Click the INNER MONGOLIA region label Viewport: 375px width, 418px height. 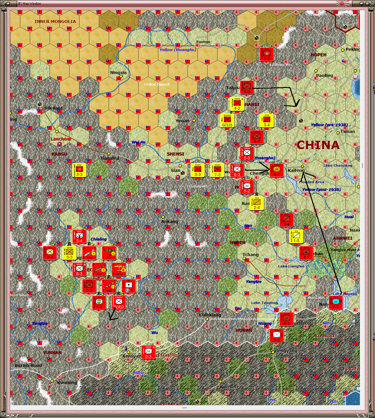[55, 21]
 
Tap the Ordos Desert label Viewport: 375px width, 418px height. [157, 84]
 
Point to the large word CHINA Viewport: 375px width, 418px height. [318, 145]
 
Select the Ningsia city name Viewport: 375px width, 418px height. [118, 73]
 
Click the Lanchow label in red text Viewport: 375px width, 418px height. [61, 139]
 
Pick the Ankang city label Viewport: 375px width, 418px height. [170, 221]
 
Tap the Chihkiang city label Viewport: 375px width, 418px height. [210, 315]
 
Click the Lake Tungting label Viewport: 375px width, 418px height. [265, 303]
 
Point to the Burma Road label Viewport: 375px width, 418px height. [28, 365]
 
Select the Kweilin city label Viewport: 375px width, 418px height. [228, 387]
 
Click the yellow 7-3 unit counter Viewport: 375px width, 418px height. [217, 170]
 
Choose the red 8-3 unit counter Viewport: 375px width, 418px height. [79, 270]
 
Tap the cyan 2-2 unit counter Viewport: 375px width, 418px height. [336, 303]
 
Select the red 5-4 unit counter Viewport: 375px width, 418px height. [79, 237]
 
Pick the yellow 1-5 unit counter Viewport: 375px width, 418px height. [296, 237]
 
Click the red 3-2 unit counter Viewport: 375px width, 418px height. [267, 55]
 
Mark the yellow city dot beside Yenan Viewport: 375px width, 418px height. [194, 120]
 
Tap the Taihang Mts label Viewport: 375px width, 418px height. [281, 65]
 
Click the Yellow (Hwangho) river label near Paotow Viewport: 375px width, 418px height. [178, 50]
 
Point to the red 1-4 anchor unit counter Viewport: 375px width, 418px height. [99, 303]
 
